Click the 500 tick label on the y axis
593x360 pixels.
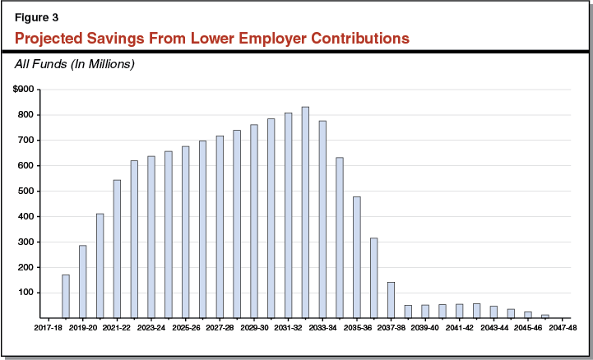pos(28,191)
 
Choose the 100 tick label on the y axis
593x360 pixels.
pos(28,293)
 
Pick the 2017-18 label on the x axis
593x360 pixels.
pos(48,326)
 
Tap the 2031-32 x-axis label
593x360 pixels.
pos(288,326)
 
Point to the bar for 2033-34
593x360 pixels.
pos(322,219)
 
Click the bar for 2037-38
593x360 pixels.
pos(391,299)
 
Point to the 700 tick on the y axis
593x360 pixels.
pos(28,141)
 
